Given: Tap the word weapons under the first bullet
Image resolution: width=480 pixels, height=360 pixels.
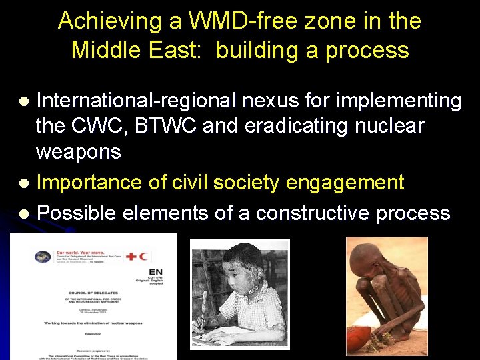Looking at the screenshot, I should pyautogui.click(x=78, y=153).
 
